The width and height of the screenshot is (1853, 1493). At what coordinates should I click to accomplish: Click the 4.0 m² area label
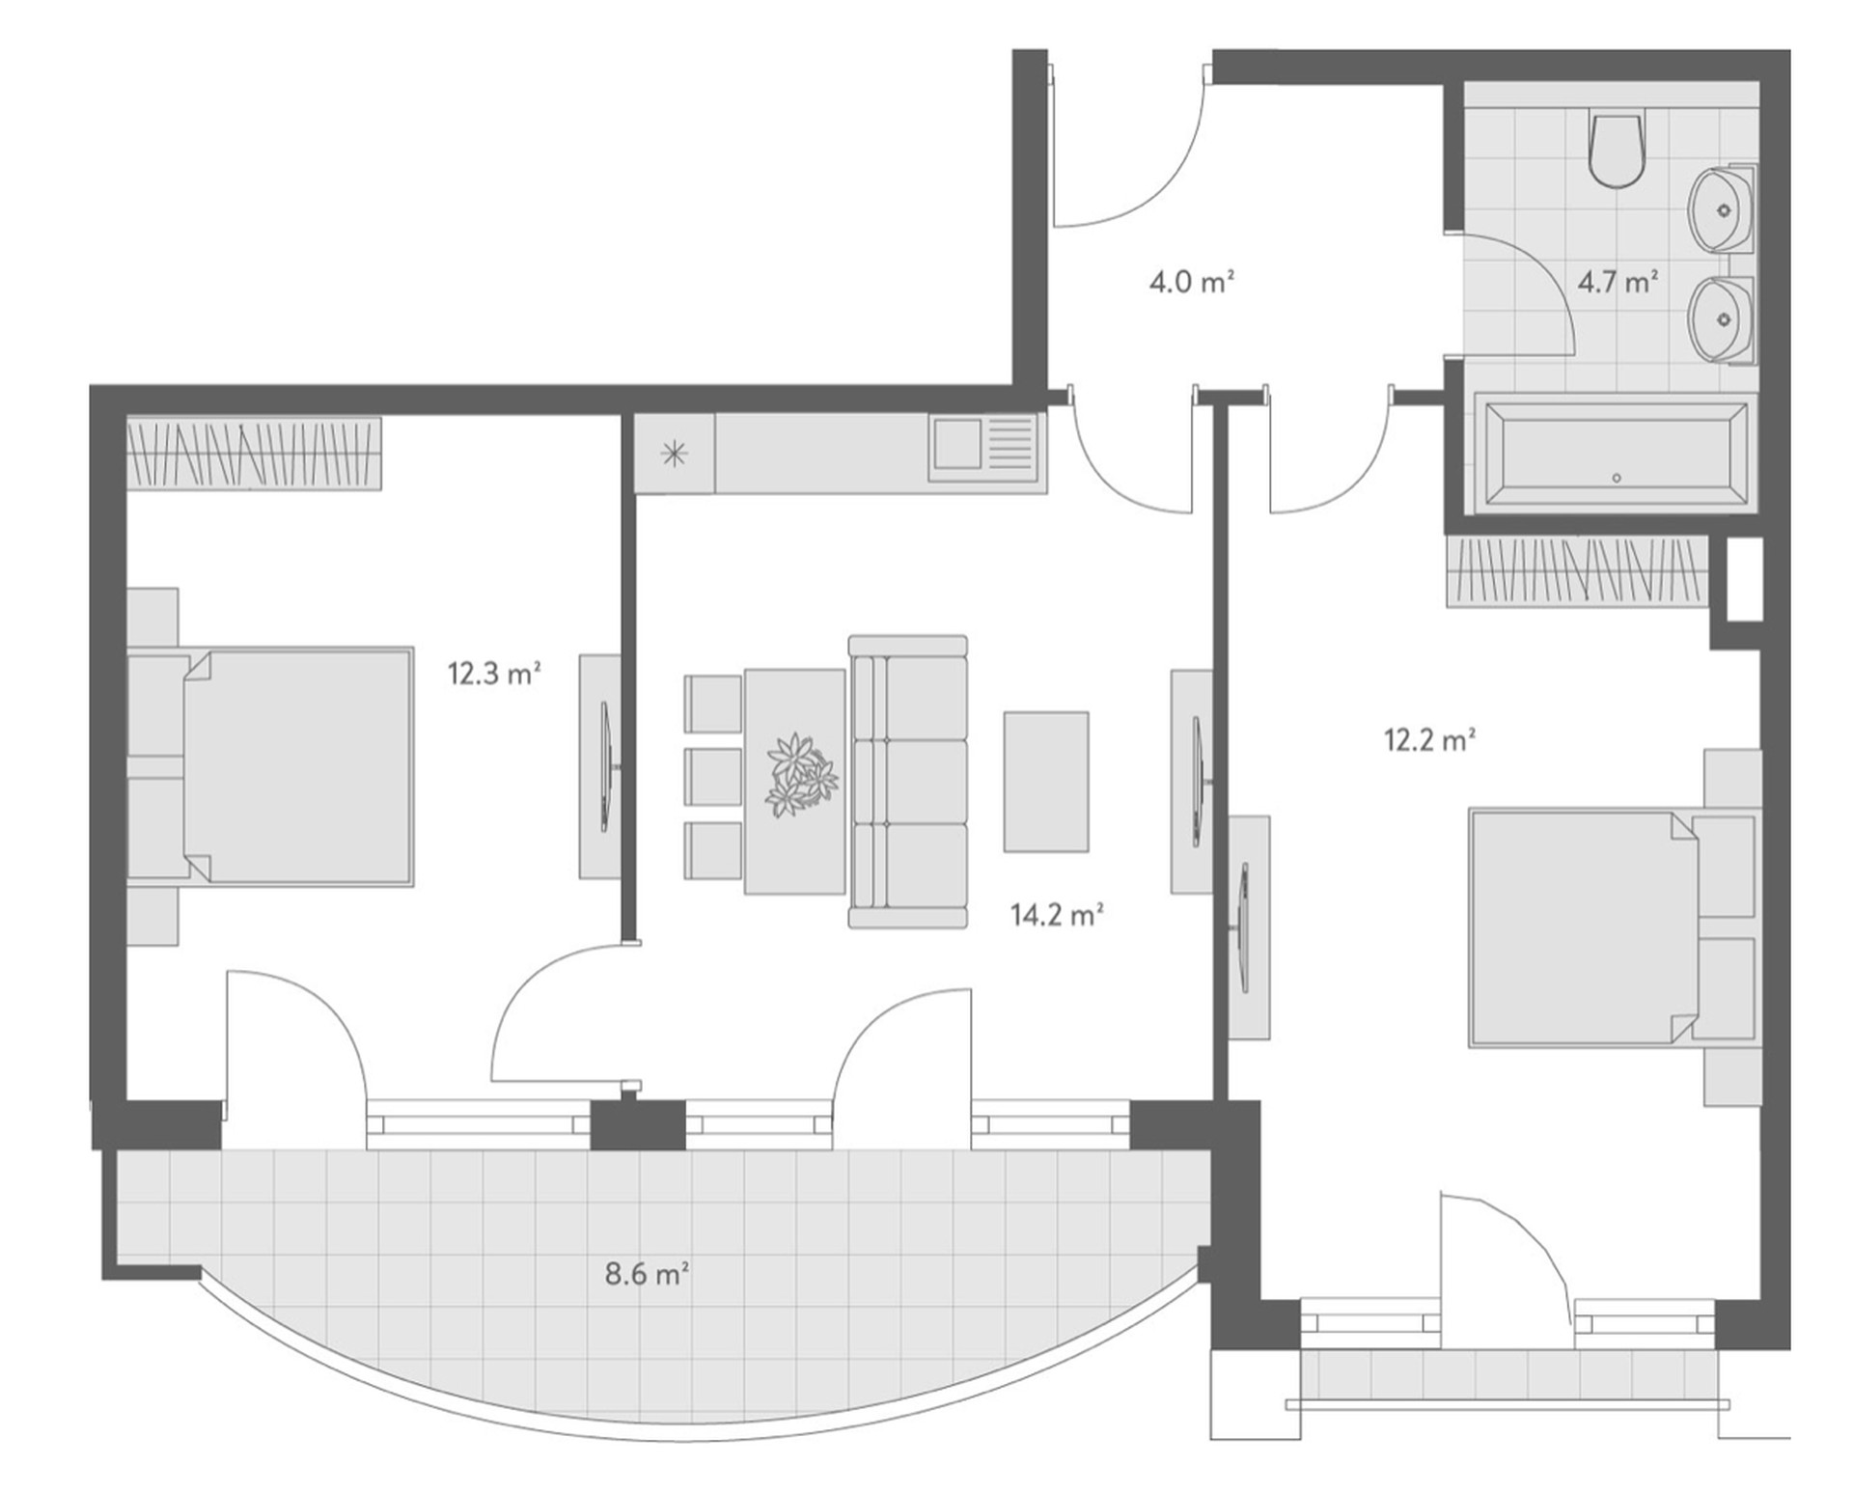point(1192,282)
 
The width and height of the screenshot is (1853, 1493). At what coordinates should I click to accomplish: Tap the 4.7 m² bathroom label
point(1618,282)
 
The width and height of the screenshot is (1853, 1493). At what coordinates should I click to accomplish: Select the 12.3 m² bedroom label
point(494,673)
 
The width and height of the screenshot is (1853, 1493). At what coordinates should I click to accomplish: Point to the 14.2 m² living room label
point(1057,914)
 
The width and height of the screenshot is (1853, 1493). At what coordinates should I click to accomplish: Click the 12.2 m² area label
point(1429,740)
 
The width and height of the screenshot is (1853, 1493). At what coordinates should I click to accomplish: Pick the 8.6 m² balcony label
point(647,1274)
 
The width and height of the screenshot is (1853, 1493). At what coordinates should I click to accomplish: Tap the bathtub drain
point(1617,478)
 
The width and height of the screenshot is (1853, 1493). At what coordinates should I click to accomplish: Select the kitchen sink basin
point(957,444)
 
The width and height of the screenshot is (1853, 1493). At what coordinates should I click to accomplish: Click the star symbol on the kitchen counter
point(674,454)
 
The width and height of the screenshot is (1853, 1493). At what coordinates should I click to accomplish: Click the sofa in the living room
point(907,782)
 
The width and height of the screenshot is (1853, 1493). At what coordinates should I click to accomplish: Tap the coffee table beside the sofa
point(1046,782)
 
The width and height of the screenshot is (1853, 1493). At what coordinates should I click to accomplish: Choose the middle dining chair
point(712,777)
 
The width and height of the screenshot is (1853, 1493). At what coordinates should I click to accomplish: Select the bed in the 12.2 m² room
point(1612,927)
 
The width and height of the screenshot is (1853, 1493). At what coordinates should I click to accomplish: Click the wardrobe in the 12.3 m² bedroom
point(254,453)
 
